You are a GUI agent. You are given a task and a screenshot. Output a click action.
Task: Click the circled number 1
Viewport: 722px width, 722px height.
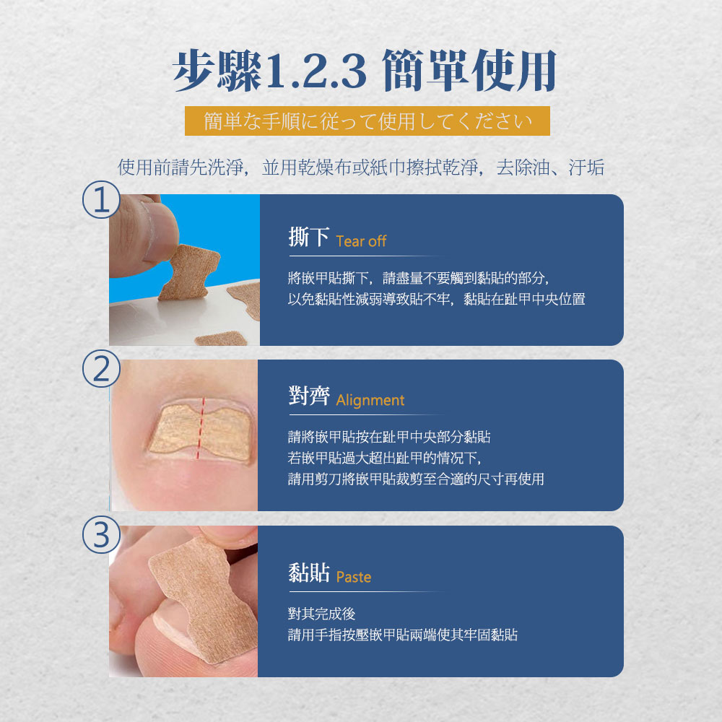click(x=101, y=200)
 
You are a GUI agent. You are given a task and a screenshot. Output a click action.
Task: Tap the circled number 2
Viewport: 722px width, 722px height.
click(x=101, y=368)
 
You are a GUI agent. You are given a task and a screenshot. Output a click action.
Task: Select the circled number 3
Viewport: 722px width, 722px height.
click(x=101, y=534)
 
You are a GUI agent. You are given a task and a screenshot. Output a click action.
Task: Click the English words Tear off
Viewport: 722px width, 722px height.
click(x=361, y=241)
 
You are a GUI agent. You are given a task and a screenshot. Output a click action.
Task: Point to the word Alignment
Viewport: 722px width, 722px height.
click(x=370, y=400)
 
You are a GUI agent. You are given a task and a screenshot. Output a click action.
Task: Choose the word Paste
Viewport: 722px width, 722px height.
click(x=354, y=576)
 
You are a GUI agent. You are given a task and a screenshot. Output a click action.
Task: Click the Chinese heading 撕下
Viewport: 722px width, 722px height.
click(x=308, y=237)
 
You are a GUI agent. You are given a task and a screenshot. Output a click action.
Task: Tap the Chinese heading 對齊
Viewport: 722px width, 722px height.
click(x=309, y=396)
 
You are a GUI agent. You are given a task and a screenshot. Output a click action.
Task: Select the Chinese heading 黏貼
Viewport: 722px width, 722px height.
click(x=309, y=573)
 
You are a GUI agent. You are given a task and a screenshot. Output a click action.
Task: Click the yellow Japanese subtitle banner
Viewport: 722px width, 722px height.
click(x=367, y=121)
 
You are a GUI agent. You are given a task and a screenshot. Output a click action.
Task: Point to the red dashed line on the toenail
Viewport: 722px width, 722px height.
click(x=200, y=427)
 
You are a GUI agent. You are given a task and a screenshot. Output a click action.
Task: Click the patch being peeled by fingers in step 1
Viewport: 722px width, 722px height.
click(x=188, y=272)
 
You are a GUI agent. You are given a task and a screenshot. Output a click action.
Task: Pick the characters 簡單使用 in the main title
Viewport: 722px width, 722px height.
click(x=469, y=71)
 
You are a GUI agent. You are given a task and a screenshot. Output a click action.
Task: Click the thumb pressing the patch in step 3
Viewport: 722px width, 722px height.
click(x=225, y=536)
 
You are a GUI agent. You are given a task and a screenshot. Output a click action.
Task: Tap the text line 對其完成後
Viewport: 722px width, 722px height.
click(x=321, y=613)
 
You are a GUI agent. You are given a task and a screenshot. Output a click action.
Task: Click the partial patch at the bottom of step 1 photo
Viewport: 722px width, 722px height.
click(x=221, y=339)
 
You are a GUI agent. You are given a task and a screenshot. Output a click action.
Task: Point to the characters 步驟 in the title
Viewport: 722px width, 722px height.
click(x=217, y=71)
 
